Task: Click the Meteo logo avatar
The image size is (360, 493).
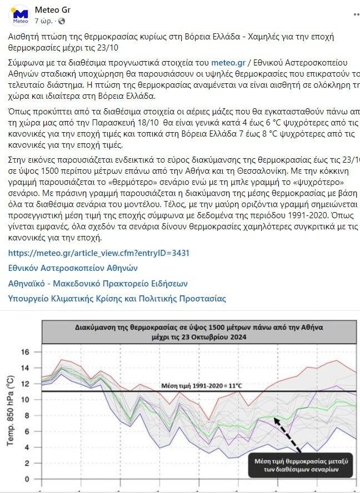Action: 21,15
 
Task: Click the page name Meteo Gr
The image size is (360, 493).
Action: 52,10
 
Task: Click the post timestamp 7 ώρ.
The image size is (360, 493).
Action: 43,21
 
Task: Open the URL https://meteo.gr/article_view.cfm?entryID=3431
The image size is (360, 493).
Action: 99,253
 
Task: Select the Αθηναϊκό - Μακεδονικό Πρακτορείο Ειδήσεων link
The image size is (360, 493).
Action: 98,283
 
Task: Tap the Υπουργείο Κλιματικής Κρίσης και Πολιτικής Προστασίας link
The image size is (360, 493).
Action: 117,298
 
